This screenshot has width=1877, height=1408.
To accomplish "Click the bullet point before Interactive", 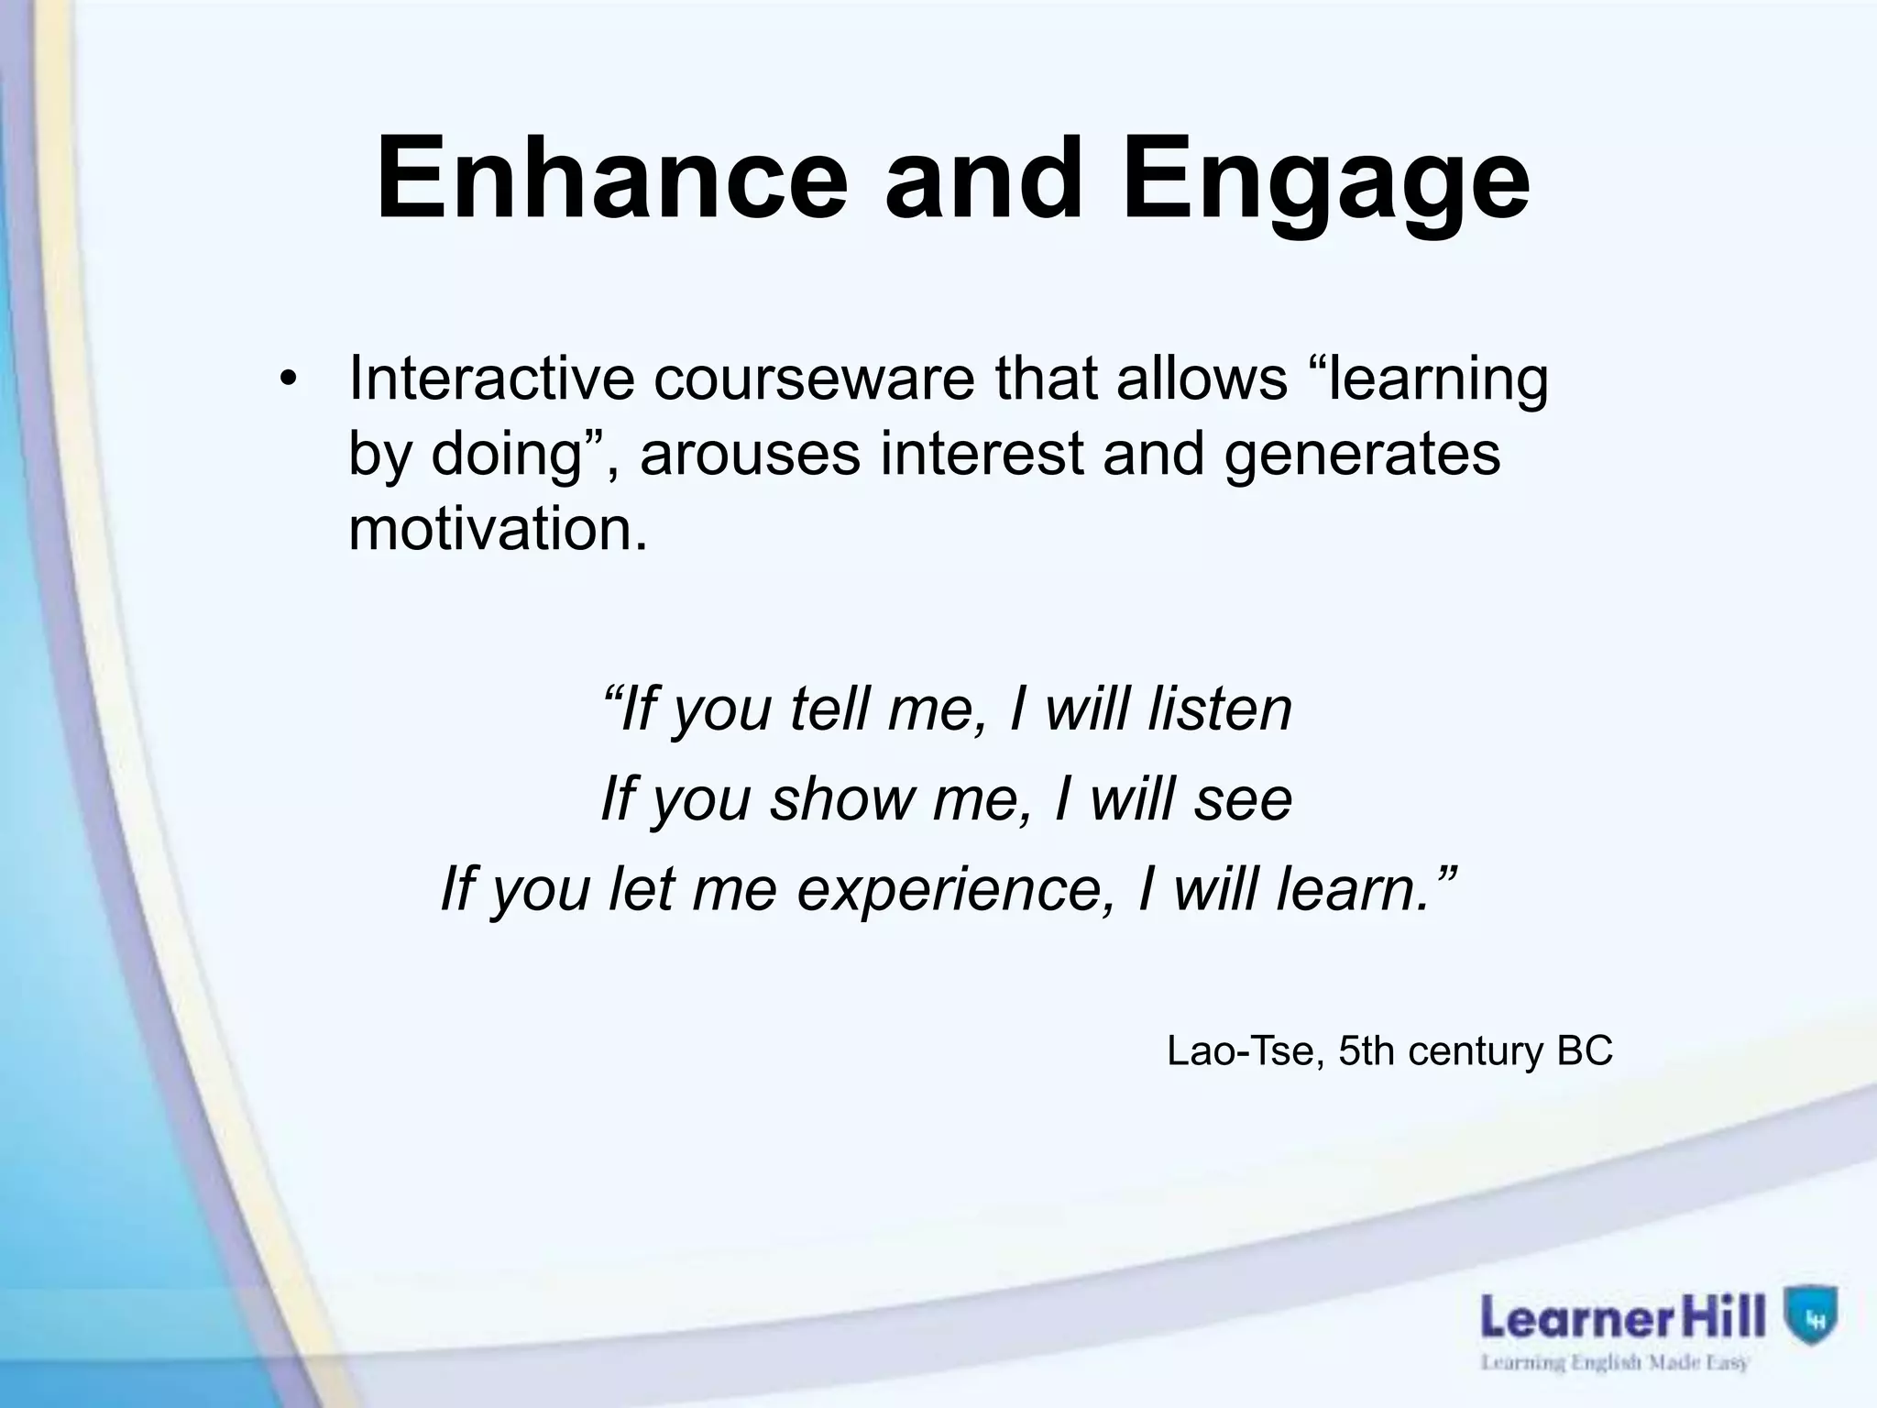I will tap(290, 382).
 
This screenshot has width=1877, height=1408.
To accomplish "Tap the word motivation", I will tap(498, 529).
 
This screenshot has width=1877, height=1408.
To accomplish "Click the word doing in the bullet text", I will tap(507, 456).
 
